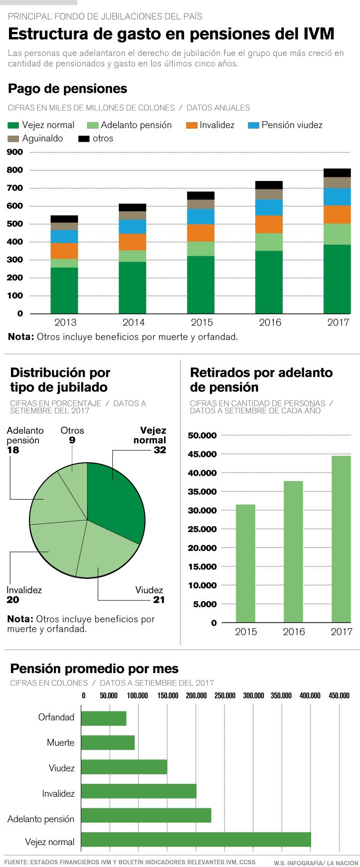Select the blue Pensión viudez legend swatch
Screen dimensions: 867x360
click(254, 125)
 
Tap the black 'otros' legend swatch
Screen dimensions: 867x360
click(84, 139)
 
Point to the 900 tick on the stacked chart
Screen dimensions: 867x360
click(15, 152)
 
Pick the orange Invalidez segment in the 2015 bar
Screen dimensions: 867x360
click(200, 233)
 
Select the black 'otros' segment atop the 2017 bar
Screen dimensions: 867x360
click(337, 173)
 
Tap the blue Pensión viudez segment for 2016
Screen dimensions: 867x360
click(269, 207)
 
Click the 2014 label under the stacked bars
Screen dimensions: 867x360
click(133, 323)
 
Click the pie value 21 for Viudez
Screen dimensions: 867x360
click(159, 600)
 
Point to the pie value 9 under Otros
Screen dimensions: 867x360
click(72, 440)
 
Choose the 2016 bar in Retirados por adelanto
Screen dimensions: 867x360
click(294, 551)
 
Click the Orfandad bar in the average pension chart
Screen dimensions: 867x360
click(103, 718)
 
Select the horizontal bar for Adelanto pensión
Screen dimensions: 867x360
click(146, 815)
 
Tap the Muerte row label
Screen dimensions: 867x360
click(60, 743)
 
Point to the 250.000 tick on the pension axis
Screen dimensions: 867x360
click(225, 695)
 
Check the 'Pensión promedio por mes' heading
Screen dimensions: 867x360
click(94, 669)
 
